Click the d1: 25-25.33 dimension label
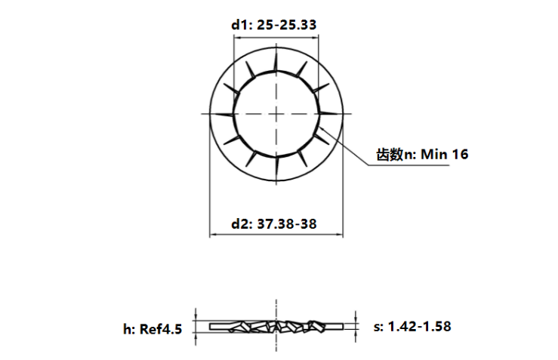point(273,25)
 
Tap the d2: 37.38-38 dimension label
point(273,224)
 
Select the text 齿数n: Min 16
point(422,155)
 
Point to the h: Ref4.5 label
point(153,328)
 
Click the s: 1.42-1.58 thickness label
point(412,326)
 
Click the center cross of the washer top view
point(277,113)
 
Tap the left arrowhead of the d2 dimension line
point(213,235)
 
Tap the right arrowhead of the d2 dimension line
point(341,235)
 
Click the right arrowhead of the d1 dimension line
point(317,38)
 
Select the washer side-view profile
point(277,326)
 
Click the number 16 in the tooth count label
point(460,155)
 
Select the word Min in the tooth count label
point(434,155)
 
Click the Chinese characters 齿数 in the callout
point(390,155)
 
